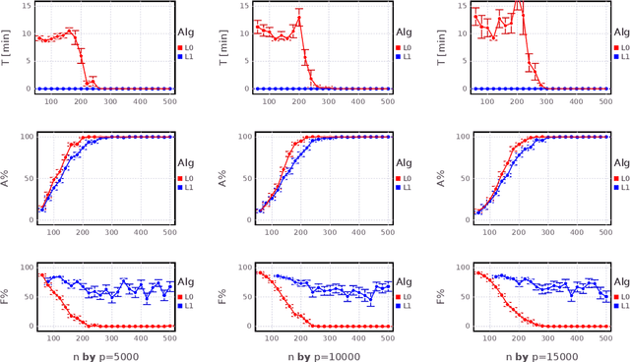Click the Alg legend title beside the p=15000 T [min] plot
pyautogui.click(x=620, y=30)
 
